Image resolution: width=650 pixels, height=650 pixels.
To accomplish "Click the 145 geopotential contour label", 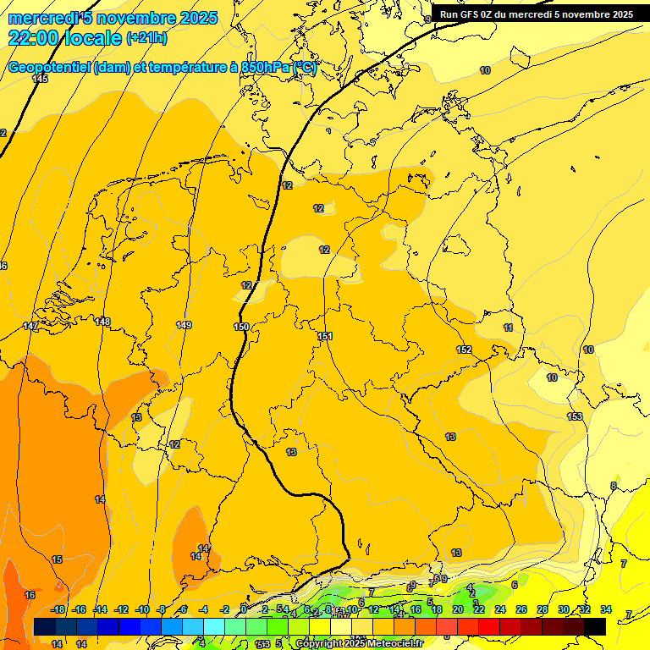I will pos(40,79).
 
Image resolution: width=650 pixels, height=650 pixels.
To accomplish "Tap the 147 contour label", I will pos(30,326).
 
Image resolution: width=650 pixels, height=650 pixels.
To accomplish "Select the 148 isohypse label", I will pos(102,322).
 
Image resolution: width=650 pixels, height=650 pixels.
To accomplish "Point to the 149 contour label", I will pos(184,325).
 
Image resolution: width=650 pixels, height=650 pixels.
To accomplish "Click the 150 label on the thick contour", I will pos(241,327).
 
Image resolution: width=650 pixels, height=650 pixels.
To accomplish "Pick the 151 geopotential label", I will pos(325,336).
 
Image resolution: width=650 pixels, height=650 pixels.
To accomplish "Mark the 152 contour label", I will pos(464,350).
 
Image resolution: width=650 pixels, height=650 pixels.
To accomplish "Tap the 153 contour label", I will pos(575,416).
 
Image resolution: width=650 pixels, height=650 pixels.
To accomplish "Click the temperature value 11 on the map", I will pos(508,328).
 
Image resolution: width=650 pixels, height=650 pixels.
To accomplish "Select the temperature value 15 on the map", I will pos(57,559).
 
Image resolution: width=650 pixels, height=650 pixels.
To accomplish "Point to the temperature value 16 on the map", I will pos(30,595).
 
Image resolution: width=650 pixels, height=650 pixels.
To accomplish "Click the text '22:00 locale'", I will pos(64,38).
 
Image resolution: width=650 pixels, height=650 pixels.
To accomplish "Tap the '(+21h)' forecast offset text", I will pos(146,38).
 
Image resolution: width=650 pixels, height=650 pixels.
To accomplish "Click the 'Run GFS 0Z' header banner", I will pos(536,14).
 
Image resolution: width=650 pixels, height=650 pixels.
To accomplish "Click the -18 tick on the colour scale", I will pos(58,609).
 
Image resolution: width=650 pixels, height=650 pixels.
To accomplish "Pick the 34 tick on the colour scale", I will pos(606,609).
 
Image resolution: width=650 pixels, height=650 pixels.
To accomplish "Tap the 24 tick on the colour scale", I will pos(499,609).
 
